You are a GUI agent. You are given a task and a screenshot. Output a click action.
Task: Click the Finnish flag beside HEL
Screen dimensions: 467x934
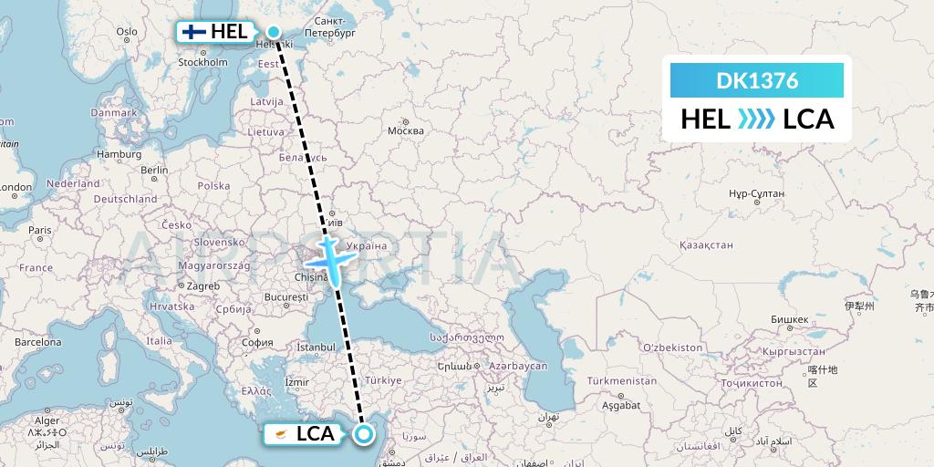pyautogui.click(x=192, y=31)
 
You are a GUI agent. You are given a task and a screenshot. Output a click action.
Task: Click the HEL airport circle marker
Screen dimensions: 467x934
pyautogui.click(x=273, y=31)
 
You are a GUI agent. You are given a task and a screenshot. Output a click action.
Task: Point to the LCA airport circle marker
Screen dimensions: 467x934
pyautogui.click(x=363, y=434)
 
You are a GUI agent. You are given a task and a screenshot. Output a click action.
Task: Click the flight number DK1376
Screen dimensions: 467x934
pyautogui.click(x=757, y=80)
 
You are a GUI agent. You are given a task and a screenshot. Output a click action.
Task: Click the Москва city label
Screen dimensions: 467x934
pyautogui.click(x=406, y=130)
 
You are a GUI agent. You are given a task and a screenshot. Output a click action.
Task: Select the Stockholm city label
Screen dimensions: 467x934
pyautogui.click(x=202, y=62)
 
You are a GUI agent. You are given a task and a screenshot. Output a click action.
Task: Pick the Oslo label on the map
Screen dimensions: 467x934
pyautogui.click(x=126, y=32)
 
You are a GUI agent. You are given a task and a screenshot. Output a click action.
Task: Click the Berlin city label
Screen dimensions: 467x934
pyautogui.click(x=154, y=170)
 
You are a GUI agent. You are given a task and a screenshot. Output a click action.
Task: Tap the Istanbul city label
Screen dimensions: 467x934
pyautogui.click(x=317, y=348)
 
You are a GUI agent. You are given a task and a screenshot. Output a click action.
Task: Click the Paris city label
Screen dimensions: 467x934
pyautogui.click(x=39, y=230)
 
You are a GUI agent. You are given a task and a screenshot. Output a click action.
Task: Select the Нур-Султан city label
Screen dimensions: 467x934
pyautogui.click(x=752, y=194)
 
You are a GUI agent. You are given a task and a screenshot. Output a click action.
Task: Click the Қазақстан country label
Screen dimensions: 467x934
pyautogui.click(x=707, y=245)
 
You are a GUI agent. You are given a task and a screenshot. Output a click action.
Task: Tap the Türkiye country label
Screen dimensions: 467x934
pyautogui.click(x=383, y=379)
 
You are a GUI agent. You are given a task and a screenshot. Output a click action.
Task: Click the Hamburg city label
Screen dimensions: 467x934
pyautogui.click(x=119, y=154)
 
